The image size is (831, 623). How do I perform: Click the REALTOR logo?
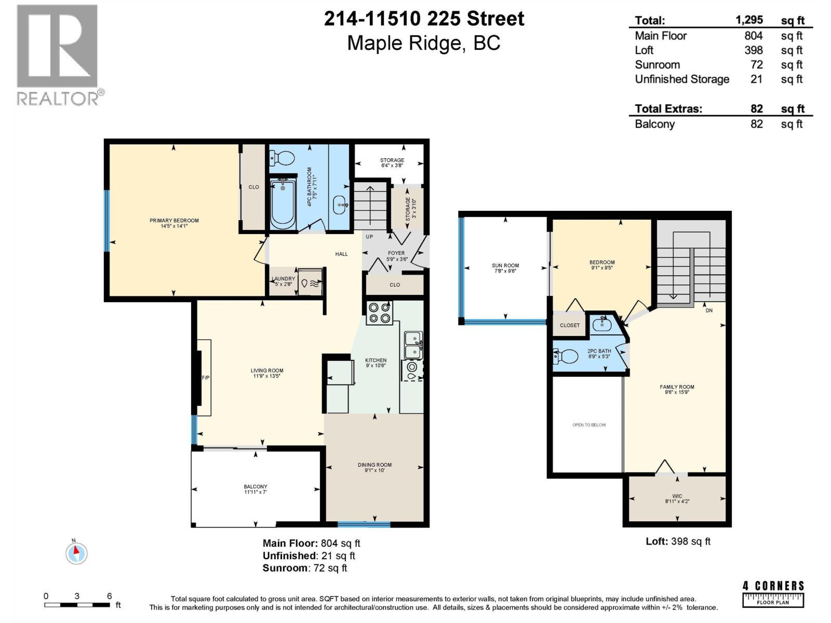pyautogui.click(x=57, y=55)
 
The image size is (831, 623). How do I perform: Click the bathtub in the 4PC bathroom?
pyautogui.click(x=283, y=203)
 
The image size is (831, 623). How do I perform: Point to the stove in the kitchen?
pyautogui.click(x=379, y=313)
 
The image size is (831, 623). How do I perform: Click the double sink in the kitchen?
pyautogui.click(x=413, y=345)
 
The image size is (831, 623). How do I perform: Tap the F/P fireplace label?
pyautogui.click(x=206, y=377)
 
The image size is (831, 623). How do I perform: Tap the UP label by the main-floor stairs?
pyautogui.click(x=369, y=237)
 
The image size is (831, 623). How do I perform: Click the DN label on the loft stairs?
pyautogui.click(x=709, y=310)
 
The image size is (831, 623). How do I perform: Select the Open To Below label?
pyautogui.click(x=589, y=425)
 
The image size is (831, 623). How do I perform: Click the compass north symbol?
pyautogui.click(x=76, y=552)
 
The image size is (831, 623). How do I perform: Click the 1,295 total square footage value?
pyautogui.click(x=749, y=20)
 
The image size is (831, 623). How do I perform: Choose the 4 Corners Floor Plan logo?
pyautogui.click(x=773, y=594)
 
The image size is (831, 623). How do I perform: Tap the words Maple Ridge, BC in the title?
pyautogui.click(x=423, y=43)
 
